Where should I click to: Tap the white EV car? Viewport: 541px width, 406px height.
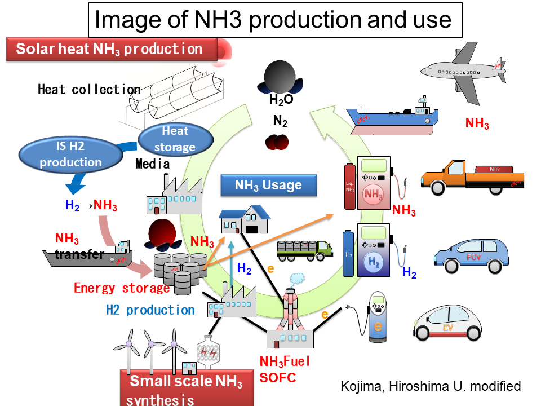pos(448,323)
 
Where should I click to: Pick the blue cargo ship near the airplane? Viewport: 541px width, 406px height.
pos(393,118)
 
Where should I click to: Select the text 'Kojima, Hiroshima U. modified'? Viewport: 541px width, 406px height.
pos(431,386)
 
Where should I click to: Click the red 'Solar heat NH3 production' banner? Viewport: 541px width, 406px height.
pos(112,49)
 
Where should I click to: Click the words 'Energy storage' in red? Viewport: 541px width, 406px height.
pos(122,288)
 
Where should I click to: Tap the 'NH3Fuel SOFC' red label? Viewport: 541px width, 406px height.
pos(285,369)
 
